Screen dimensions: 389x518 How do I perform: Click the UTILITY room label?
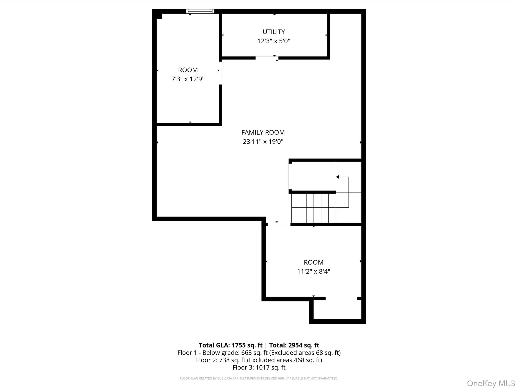pyautogui.click(x=274, y=32)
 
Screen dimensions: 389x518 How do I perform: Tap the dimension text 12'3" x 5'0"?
pyautogui.click(x=274, y=41)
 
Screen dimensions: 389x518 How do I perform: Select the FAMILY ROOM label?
pyautogui.click(x=263, y=132)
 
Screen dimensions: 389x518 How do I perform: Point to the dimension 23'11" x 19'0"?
pyautogui.click(x=263, y=142)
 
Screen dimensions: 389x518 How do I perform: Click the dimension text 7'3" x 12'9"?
pyautogui.click(x=188, y=79)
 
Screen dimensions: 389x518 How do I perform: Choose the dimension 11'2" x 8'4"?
pyautogui.click(x=314, y=271)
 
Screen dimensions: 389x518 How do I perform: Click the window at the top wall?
pyautogui.click(x=200, y=11)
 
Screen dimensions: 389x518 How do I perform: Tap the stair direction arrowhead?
pyautogui.click(x=337, y=177)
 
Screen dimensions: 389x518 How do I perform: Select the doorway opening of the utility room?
pyautogui.click(x=267, y=58)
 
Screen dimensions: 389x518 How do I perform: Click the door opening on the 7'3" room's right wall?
pyautogui.click(x=221, y=73)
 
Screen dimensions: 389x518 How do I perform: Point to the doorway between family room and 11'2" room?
pyautogui.click(x=279, y=224)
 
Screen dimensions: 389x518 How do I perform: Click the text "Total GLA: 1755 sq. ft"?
pyautogui.click(x=230, y=345)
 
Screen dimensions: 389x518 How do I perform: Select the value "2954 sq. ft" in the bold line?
pyautogui.click(x=304, y=345)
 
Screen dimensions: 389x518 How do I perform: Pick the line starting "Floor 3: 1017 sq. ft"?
pyautogui.click(x=259, y=367)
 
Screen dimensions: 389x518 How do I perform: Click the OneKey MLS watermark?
pyautogui.click(x=491, y=383)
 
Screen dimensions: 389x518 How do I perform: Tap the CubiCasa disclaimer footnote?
pyautogui.click(x=259, y=378)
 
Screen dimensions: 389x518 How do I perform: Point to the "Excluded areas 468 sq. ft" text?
pyautogui.click(x=284, y=360)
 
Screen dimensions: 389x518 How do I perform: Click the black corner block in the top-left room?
pyautogui.click(x=159, y=16)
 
